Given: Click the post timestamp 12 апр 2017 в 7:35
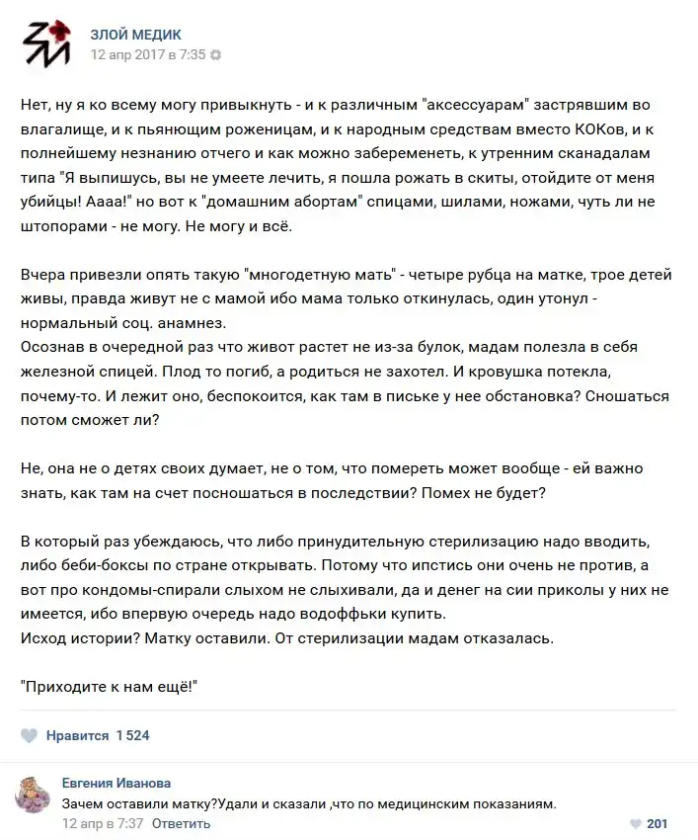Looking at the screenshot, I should point(148,55).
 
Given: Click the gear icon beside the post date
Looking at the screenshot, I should point(216,55).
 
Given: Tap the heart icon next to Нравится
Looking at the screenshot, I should point(30,735).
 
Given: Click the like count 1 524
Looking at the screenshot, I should point(132,735).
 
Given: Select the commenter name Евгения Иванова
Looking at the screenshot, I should point(116,783).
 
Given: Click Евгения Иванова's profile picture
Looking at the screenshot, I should point(35,795).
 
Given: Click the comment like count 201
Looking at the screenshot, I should point(658,823).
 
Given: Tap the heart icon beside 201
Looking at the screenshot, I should point(636,823).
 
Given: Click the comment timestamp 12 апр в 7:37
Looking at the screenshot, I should point(103,823).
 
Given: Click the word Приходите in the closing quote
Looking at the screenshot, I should point(63,686).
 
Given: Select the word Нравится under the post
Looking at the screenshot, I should point(78,735).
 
